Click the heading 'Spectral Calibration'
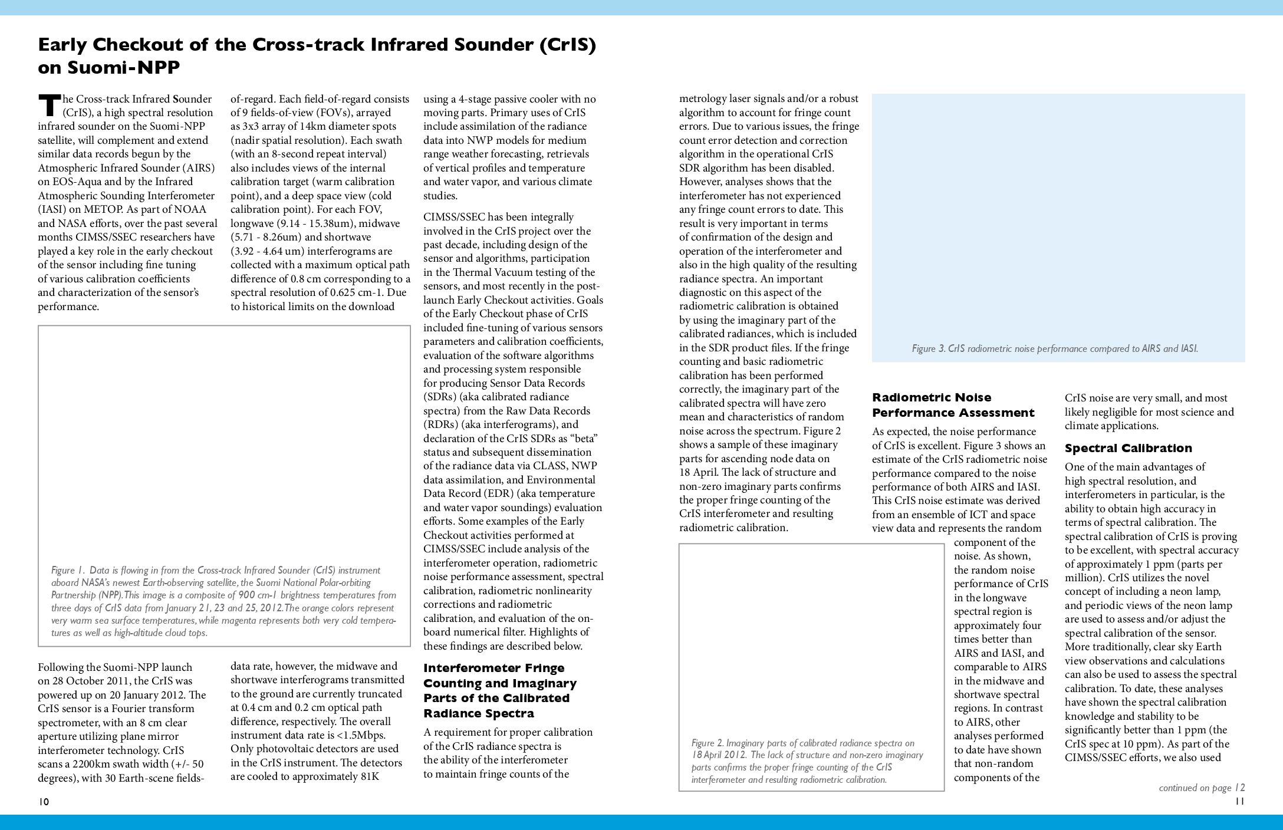[1128, 449]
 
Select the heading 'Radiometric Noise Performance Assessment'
[953, 405]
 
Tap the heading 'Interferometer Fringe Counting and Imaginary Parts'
[499, 690]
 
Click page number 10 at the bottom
[44, 801]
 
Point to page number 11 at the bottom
[1239, 801]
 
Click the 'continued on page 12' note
[1201, 788]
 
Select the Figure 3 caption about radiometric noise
[1054, 348]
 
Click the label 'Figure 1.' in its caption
[67, 570]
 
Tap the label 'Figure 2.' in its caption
[708, 743]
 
